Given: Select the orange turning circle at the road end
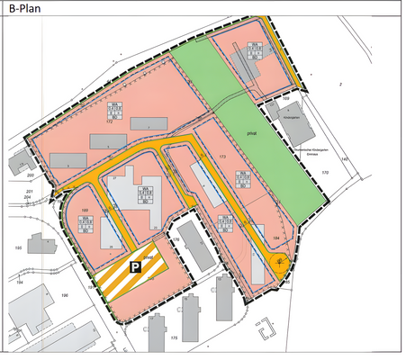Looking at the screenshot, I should (x=281, y=264).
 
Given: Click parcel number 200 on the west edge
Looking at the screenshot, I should (x=30, y=175).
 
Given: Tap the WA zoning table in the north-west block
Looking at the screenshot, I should (x=115, y=112).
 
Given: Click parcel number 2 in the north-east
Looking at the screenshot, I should (x=341, y=84).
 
